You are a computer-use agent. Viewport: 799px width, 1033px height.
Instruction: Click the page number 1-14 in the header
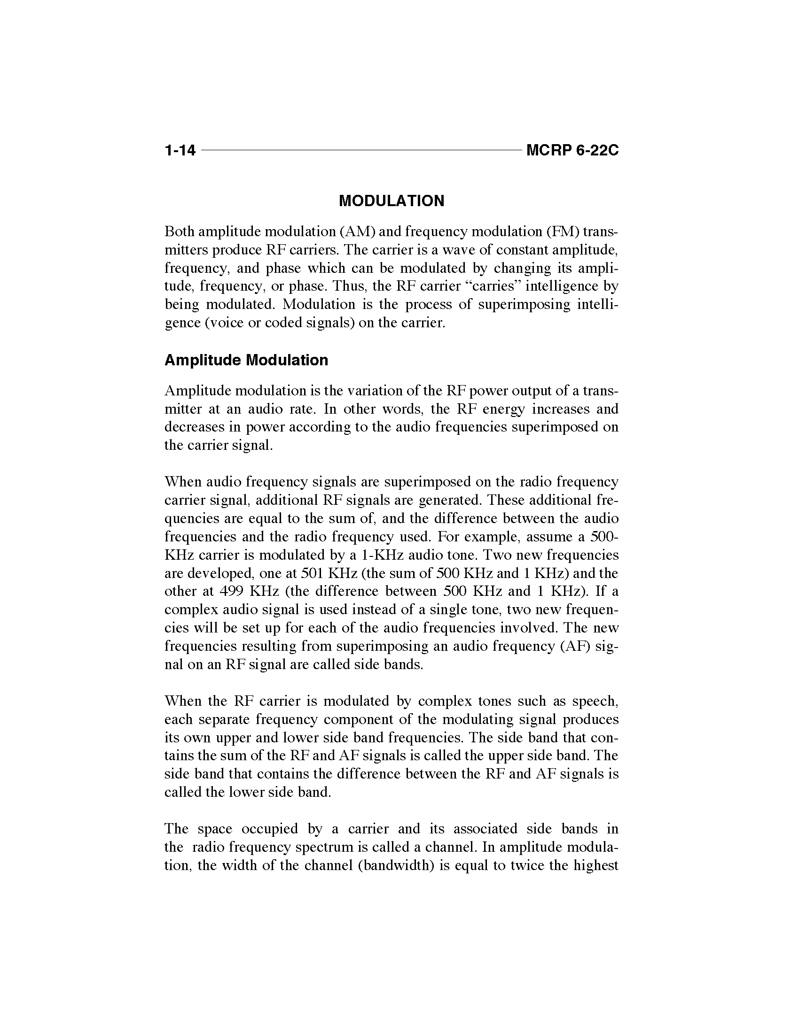(180, 150)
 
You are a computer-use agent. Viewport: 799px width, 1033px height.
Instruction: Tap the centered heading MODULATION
(392, 201)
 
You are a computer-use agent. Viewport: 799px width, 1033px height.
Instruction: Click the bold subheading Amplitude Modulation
(246, 360)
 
